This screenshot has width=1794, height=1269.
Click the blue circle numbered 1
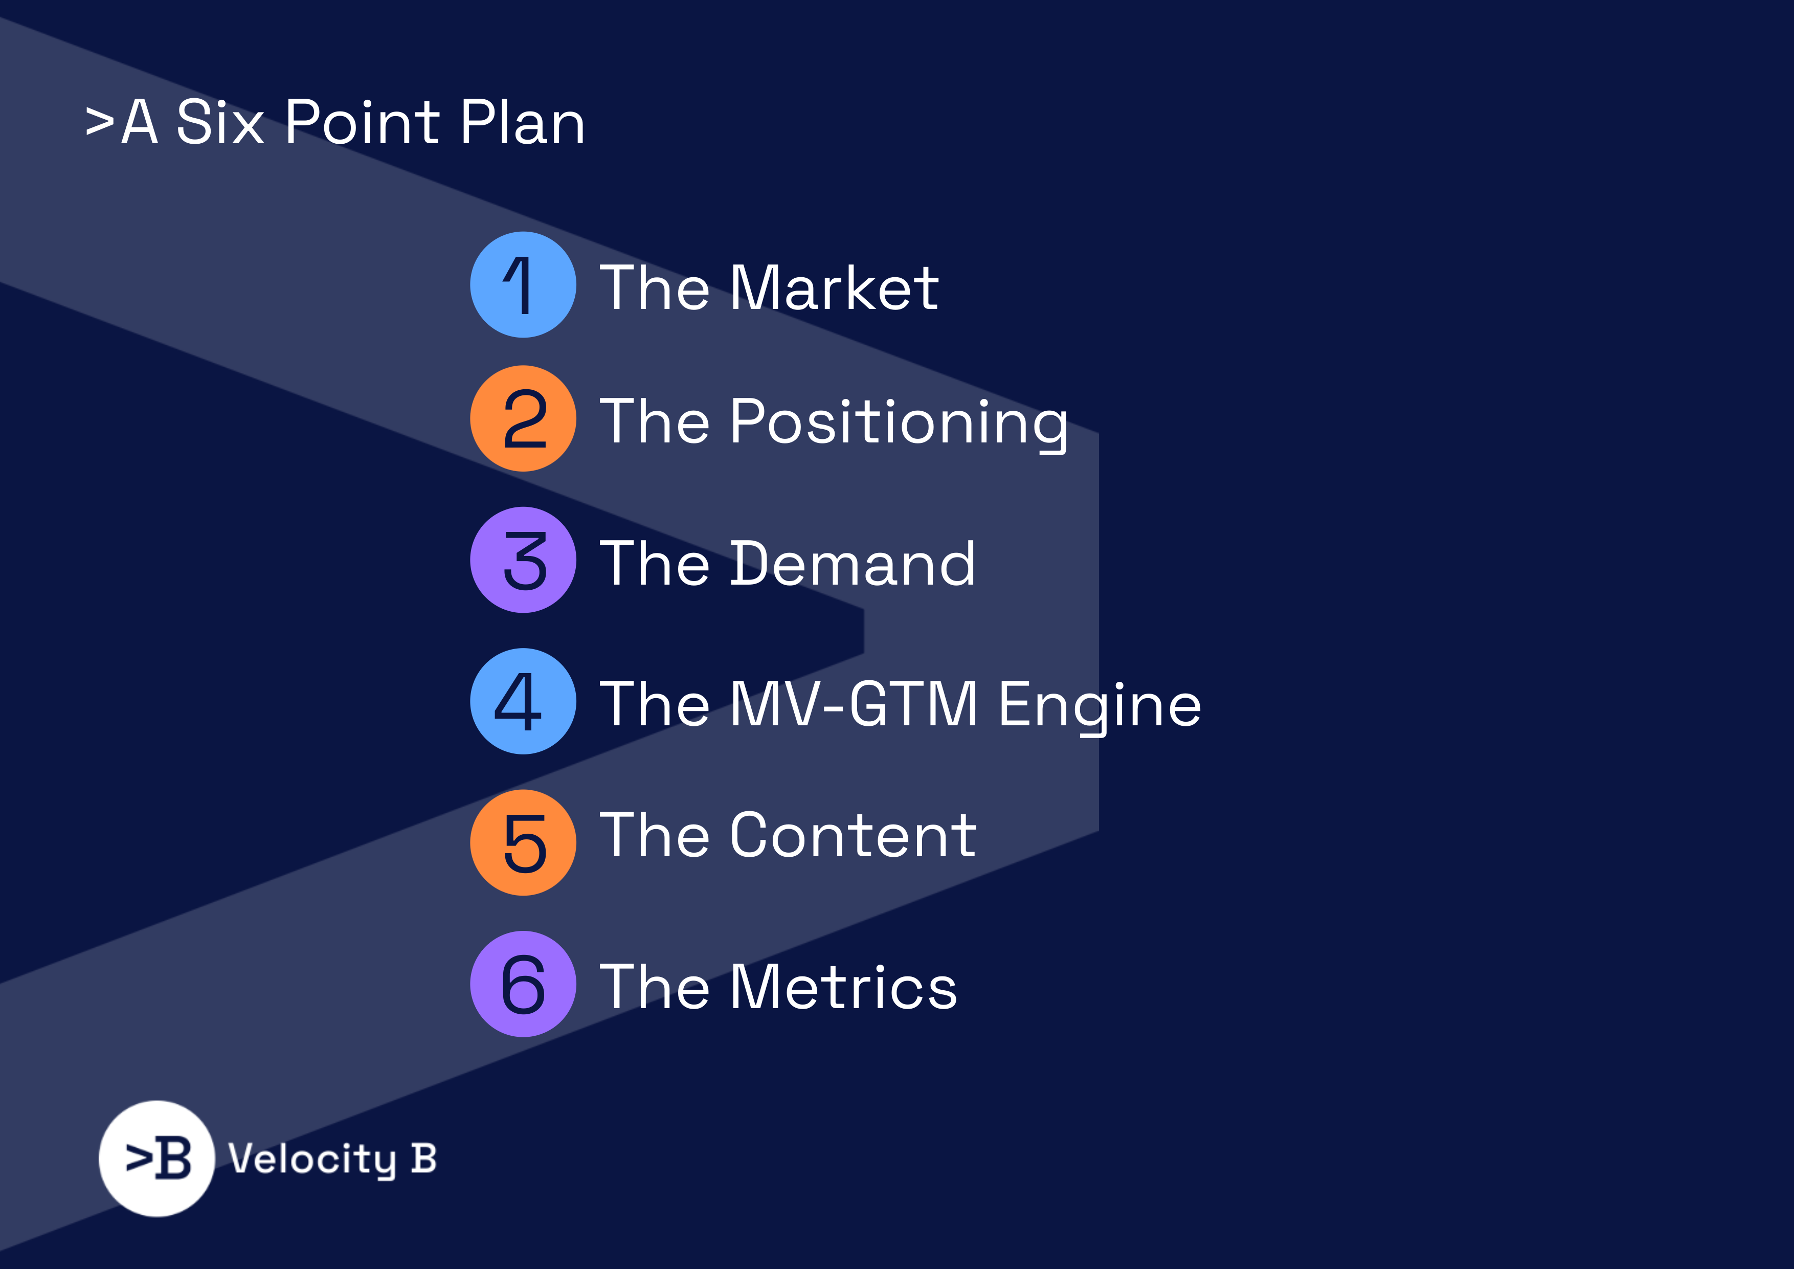[523, 284]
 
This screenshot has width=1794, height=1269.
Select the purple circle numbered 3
[523, 560]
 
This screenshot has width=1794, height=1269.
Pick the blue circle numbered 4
[523, 701]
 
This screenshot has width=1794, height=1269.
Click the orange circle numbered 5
[523, 842]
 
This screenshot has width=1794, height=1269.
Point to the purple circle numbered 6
[523, 984]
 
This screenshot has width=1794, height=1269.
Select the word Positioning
[899, 422]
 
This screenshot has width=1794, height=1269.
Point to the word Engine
[1100, 704]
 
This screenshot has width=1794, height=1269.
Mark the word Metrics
[843, 987]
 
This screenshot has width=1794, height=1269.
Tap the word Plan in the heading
[522, 123]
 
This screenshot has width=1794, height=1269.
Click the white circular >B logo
[157, 1158]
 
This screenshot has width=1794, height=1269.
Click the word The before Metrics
[655, 987]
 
